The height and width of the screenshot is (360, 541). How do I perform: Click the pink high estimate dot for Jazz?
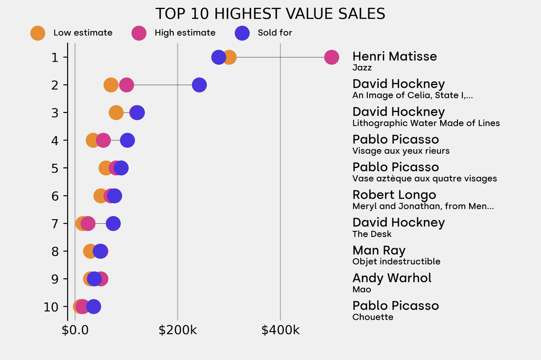pos(331,57)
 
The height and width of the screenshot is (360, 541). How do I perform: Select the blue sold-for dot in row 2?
pos(199,85)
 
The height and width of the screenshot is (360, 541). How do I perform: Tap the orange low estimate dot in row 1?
pos(229,57)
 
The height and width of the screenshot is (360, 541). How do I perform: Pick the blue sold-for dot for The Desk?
pos(113,223)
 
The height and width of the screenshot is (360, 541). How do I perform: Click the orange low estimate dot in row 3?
pos(116,112)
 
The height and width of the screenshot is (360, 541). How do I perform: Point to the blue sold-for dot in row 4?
pos(127,140)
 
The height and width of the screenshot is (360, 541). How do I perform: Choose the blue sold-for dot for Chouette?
pos(93,307)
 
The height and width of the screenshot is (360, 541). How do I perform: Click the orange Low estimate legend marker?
pos(38,33)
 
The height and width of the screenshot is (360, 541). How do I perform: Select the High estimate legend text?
pos(185,33)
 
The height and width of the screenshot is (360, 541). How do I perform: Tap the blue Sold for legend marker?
pos(242,33)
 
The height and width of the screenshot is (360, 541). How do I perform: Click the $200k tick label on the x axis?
pos(178,331)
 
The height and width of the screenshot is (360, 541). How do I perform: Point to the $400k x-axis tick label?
pos(281,331)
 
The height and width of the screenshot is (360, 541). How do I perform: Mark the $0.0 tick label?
pos(75,331)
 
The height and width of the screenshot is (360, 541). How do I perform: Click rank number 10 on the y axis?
pos(51,307)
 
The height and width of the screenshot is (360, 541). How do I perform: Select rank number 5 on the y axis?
pos(55,168)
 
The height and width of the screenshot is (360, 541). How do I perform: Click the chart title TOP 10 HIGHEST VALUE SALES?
pos(270,13)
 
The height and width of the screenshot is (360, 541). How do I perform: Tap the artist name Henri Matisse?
pos(395,56)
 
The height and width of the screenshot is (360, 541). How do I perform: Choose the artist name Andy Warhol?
pos(392,278)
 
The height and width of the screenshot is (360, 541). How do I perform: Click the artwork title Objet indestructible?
pos(396,261)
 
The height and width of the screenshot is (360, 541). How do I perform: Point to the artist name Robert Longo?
pos(394,195)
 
